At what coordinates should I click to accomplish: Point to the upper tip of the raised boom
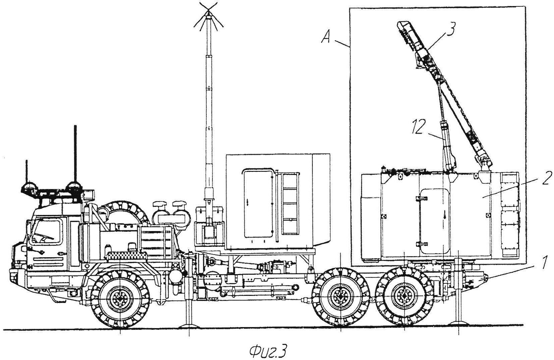tap(401, 25)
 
